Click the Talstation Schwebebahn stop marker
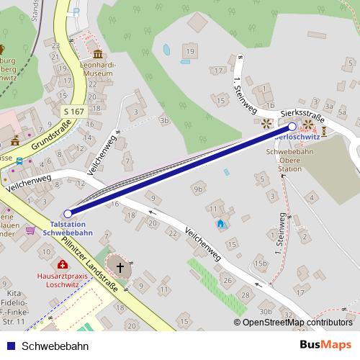point(68,214)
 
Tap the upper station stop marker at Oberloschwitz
point(292,126)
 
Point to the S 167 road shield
point(73,112)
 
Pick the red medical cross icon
point(63,264)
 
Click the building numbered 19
point(190,52)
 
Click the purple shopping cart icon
point(30,230)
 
